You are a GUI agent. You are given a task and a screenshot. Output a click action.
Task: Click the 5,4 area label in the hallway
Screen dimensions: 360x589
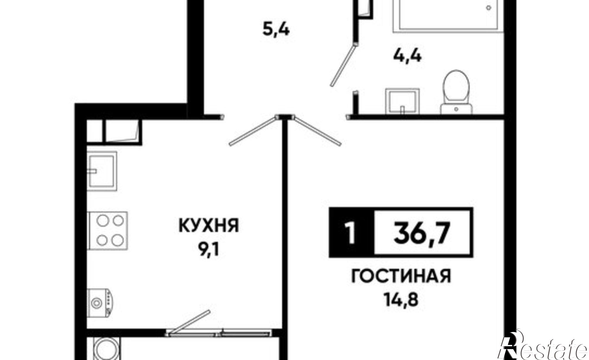pos(276,30)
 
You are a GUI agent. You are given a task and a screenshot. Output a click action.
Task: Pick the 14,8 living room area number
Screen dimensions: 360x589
pos(401,300)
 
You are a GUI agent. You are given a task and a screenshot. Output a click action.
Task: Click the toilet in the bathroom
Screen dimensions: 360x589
pos(456,91)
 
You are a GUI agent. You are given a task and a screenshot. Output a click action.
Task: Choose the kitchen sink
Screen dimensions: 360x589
pos(102,170)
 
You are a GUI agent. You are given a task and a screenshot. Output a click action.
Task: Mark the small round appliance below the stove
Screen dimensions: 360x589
pos(101,302)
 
